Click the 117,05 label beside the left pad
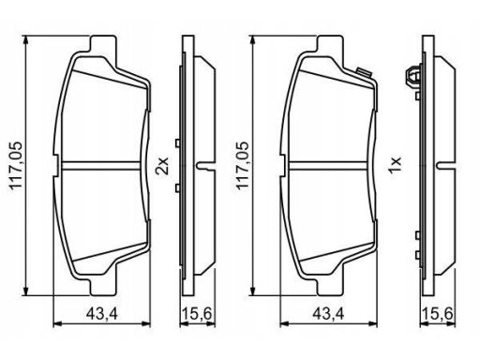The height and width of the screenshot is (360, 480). tap(16, 166)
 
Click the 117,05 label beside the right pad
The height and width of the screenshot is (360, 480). tap(242, 166)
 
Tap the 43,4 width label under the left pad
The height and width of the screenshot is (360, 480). tap(102, 313)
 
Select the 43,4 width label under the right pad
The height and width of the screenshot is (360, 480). tap(328, 313)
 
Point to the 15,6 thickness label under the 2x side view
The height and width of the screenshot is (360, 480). tap(198, 313)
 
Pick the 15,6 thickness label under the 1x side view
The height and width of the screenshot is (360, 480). tap(438, 313)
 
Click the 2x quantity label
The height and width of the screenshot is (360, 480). tap(163, 166)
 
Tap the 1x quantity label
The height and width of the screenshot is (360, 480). tap(395, 166)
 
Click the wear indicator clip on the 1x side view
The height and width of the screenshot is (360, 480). tap(413, 77)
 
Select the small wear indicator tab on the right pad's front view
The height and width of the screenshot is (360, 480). tap(364, 72)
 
